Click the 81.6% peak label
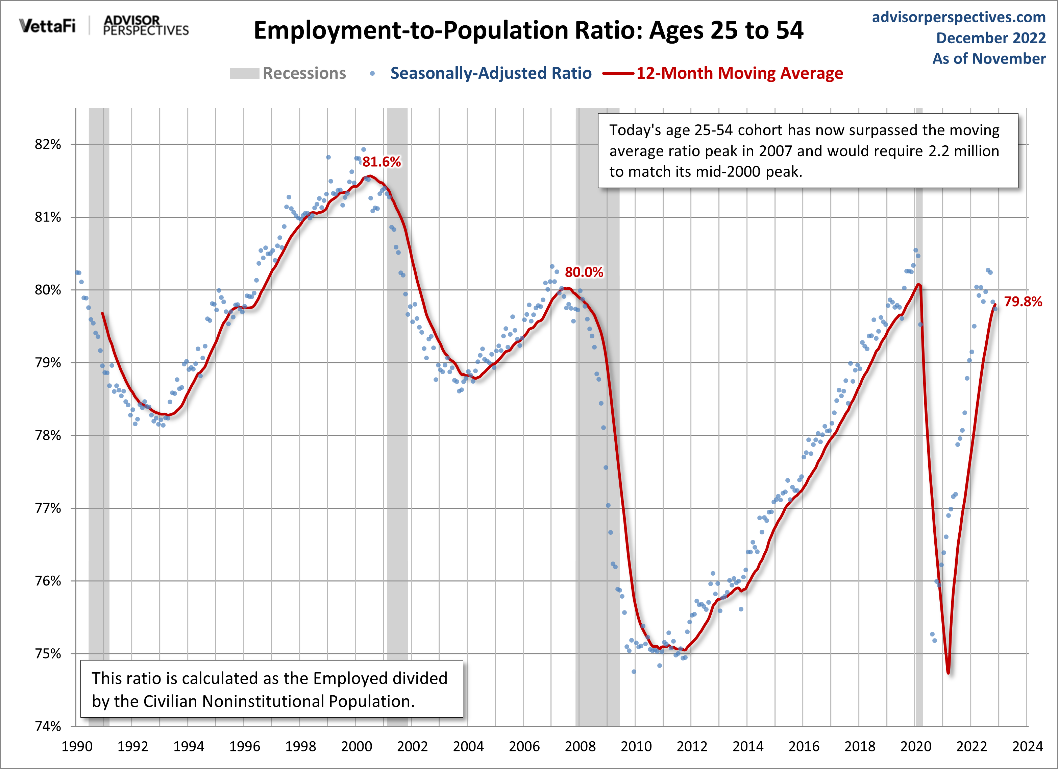(x=382, y=162)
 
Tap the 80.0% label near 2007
(x=584, y=272)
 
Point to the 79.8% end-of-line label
(x=1023, y=302)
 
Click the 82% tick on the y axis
(x=48, y=145)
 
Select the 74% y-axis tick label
(x=48, y=726)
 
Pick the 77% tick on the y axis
(x=48, y=508)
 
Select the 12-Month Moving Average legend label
(x=739, y=73)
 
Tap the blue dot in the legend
(x=372, y=73)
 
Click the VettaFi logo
(x=47, y=26)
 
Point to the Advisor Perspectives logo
(x=146, y=26)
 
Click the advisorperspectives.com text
(x=959, y=17)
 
